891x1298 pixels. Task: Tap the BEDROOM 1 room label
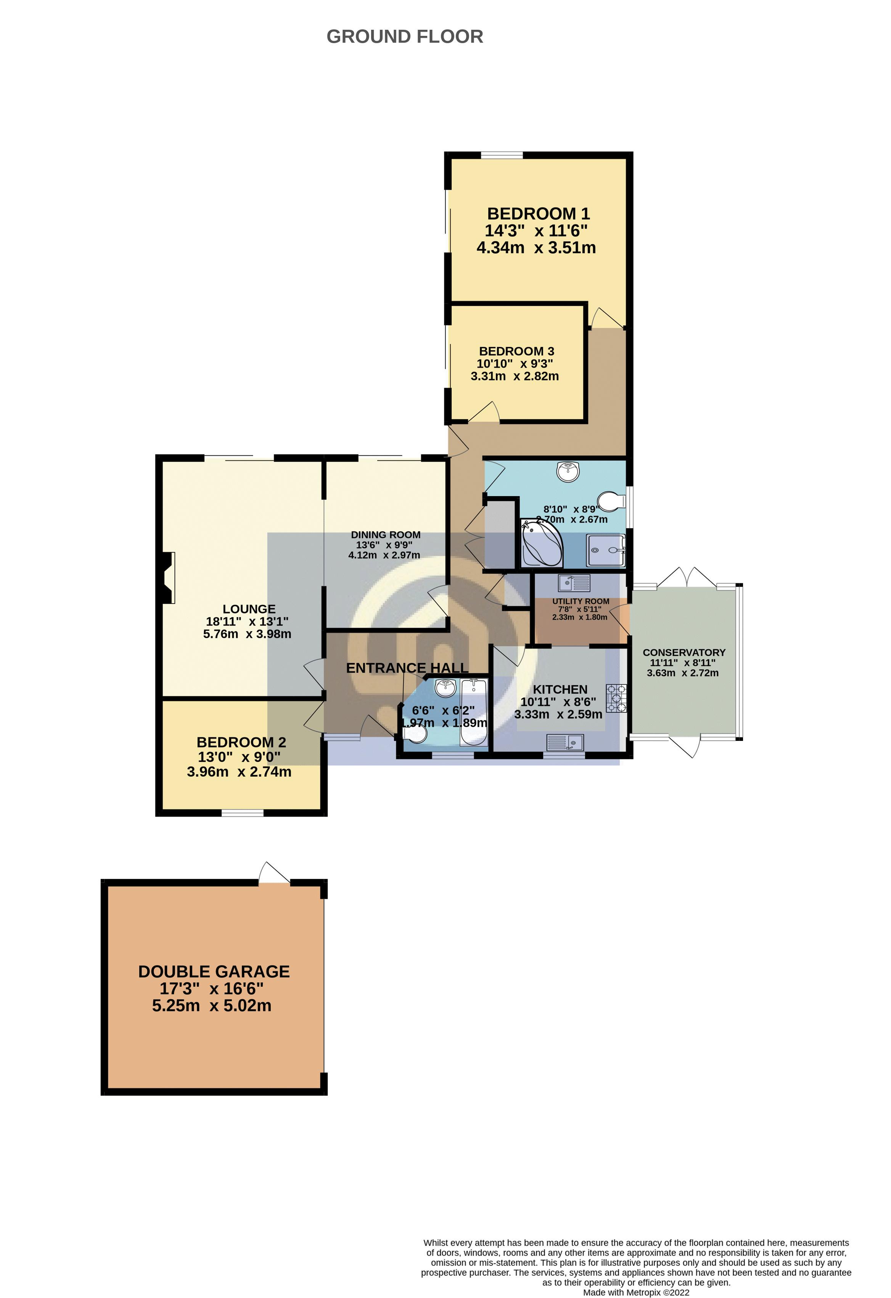[x=538, y=214]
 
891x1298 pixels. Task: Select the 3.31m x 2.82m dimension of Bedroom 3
[x=515, y=376]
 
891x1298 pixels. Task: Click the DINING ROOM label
[x=386, y=535]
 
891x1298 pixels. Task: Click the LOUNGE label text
[x=249, y=609]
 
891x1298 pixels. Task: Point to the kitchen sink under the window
[x=565, y=742]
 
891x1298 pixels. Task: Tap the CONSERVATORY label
[x=684, y=652]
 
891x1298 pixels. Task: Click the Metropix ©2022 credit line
[x=636, y=1292]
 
